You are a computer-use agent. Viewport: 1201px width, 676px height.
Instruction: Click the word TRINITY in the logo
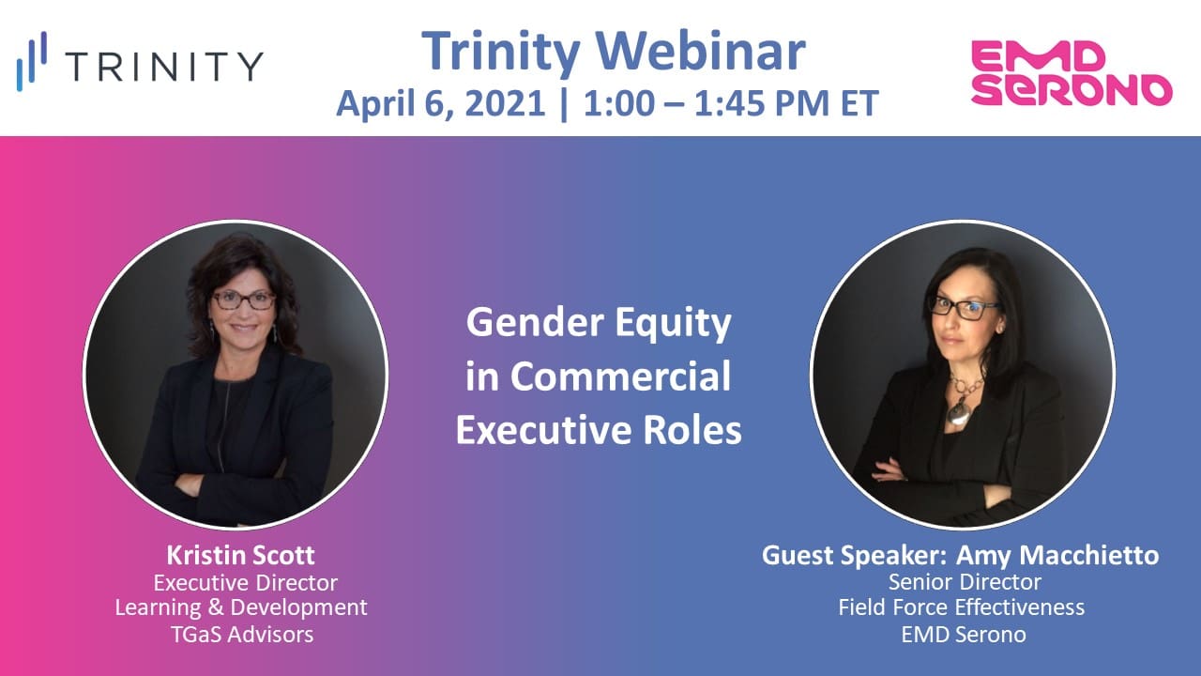pyautogui.click(x=165, y=67)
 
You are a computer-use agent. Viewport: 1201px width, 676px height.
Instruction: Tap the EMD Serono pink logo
pyautogui.click(x=1071, y=72)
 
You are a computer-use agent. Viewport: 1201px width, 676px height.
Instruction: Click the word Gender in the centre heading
pyautogui.click(x=527, y=324)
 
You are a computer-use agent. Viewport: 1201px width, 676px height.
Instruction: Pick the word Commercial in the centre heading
pyautogui.click(x=620, y=376)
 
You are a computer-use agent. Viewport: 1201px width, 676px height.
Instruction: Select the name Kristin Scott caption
pyautogui.click(x=241, y=554)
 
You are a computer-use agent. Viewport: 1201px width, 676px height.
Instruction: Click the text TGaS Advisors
pyautogui.click(x=241, y=635)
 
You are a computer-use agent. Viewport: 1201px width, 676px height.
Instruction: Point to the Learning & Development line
pyautogui.click(x=241, y=607)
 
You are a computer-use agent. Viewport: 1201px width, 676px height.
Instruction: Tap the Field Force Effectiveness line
pyautogui.click(x=961, y=607)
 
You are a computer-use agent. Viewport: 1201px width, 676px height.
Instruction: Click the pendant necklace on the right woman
pyautogui.click(x=958, y=411)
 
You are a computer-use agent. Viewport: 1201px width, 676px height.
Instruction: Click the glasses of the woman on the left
pyautogui.click(x=243, y=300)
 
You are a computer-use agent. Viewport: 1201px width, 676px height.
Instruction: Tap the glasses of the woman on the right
pyautogui.click(x=963, y=308)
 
